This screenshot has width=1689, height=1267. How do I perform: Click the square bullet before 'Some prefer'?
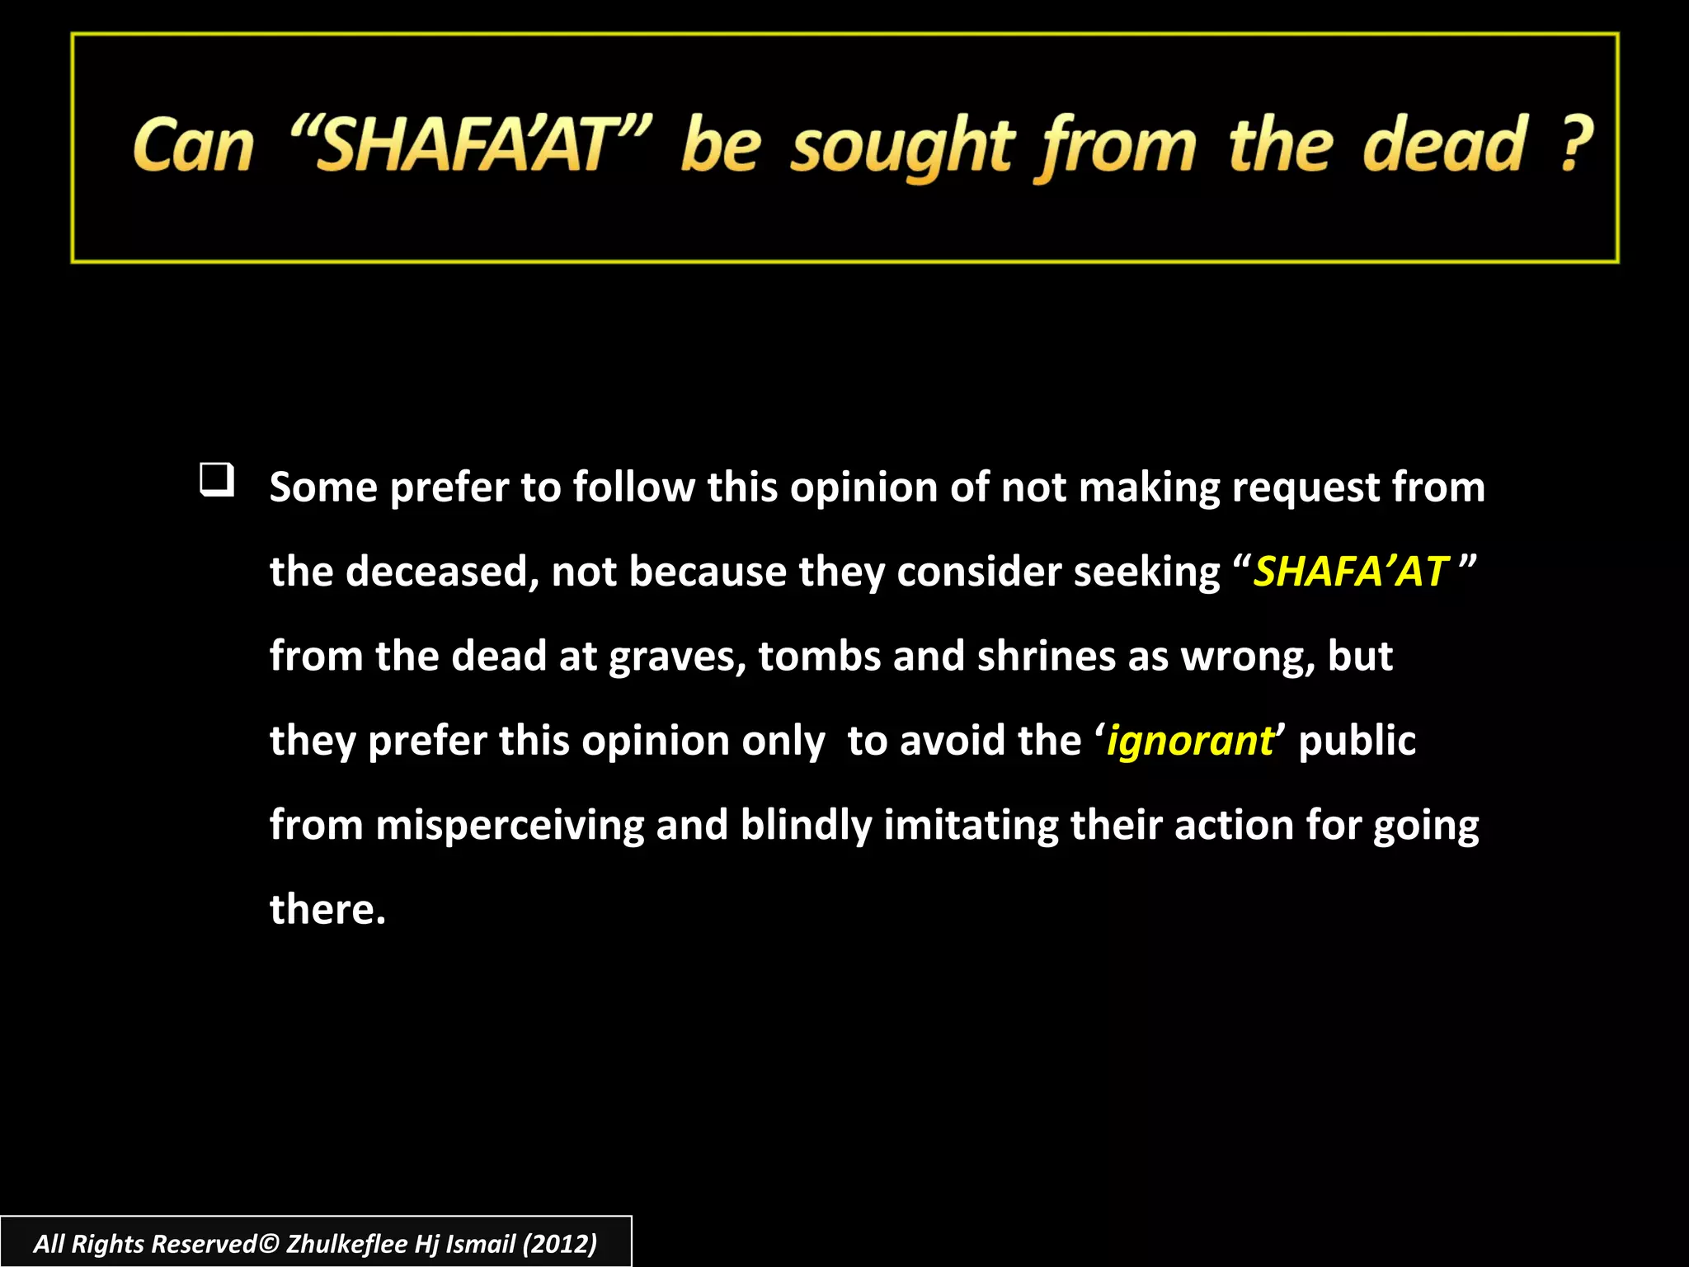tap(217, 480)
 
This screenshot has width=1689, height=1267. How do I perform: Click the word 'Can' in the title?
tap(193, 146)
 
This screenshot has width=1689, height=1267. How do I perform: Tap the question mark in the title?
tap(1576, 144)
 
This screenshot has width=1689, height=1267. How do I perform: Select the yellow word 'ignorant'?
tap(1189, 741)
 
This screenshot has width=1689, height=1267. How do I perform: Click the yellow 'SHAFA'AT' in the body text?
tap(1350, 571)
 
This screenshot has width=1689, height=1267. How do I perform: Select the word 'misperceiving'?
tap(509, 825)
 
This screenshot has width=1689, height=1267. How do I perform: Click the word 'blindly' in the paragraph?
tap(805, 825)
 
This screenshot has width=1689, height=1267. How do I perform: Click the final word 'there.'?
tap(327, 909)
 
